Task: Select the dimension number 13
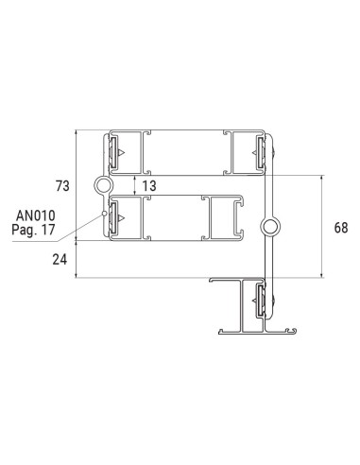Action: (x=149, y=185)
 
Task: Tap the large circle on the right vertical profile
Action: (x=270, y=226)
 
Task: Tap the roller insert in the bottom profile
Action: (x=260, y=301)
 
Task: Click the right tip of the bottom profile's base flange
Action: (x=296, y=332)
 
